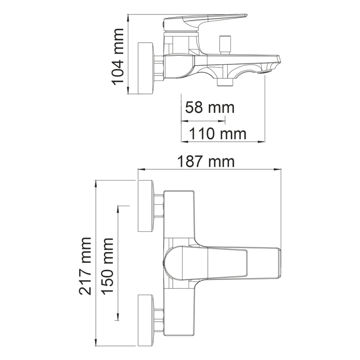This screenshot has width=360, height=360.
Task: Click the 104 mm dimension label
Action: pos(117,57)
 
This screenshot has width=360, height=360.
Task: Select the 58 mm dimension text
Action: pos(210,107)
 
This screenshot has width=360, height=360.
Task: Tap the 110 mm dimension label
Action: pos(217,134)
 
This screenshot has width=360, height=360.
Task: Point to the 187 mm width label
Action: pos(206,162)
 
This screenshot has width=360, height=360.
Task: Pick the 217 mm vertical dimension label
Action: pos(85,266)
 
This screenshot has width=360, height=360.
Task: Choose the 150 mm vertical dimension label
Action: pos(107,266)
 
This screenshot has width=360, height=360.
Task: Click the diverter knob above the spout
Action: pos(225,45)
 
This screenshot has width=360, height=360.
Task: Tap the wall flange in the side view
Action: pos(146,68)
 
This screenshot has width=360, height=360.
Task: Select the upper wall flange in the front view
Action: pos(146,206)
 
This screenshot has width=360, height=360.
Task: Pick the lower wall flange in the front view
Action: pos(146,320)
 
